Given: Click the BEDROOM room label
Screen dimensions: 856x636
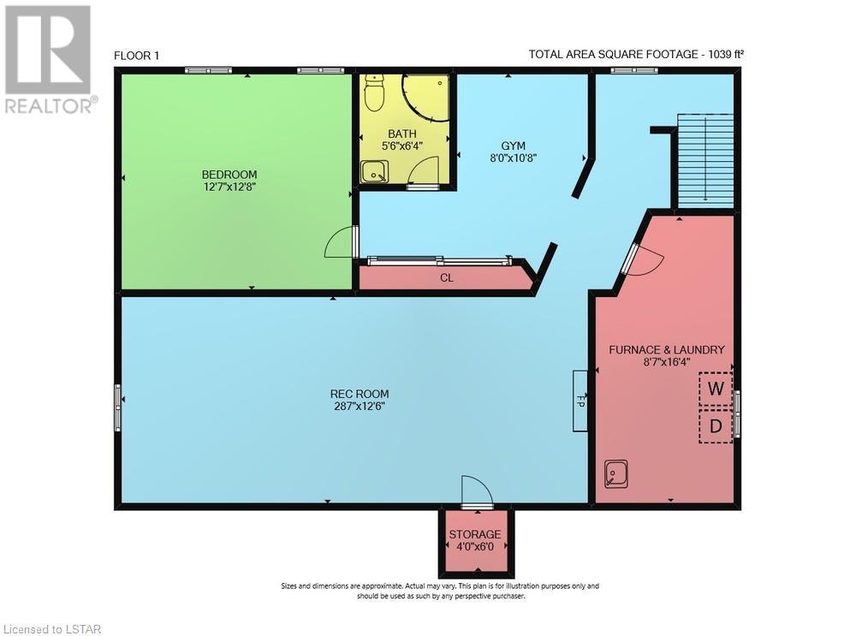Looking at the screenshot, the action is click(229, 175).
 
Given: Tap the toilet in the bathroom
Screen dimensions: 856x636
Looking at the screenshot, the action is click(374, 92).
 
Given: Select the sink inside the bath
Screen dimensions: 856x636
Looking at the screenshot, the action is click(375, 171).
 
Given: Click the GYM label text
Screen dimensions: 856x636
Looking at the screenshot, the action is click(513, 146).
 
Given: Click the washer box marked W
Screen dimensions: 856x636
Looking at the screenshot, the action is click(716, 389).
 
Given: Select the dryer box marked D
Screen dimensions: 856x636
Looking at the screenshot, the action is click(716, 425).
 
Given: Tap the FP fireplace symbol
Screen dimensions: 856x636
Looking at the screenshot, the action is click(580, 401).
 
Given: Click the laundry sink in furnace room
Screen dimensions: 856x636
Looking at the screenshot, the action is click(616, 473).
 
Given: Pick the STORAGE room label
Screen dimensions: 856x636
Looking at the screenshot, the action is click(475, 534).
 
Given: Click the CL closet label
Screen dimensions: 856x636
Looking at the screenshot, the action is click(447, 278).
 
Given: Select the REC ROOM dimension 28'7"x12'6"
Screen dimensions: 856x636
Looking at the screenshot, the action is click(360, 406).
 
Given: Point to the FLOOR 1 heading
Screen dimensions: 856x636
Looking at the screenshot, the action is click(136, 56).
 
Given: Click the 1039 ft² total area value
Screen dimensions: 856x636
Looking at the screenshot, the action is click(726, 54).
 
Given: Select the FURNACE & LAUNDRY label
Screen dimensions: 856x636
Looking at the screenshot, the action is click(667, 350).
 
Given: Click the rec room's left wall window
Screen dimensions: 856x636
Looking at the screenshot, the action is click(118, 407).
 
